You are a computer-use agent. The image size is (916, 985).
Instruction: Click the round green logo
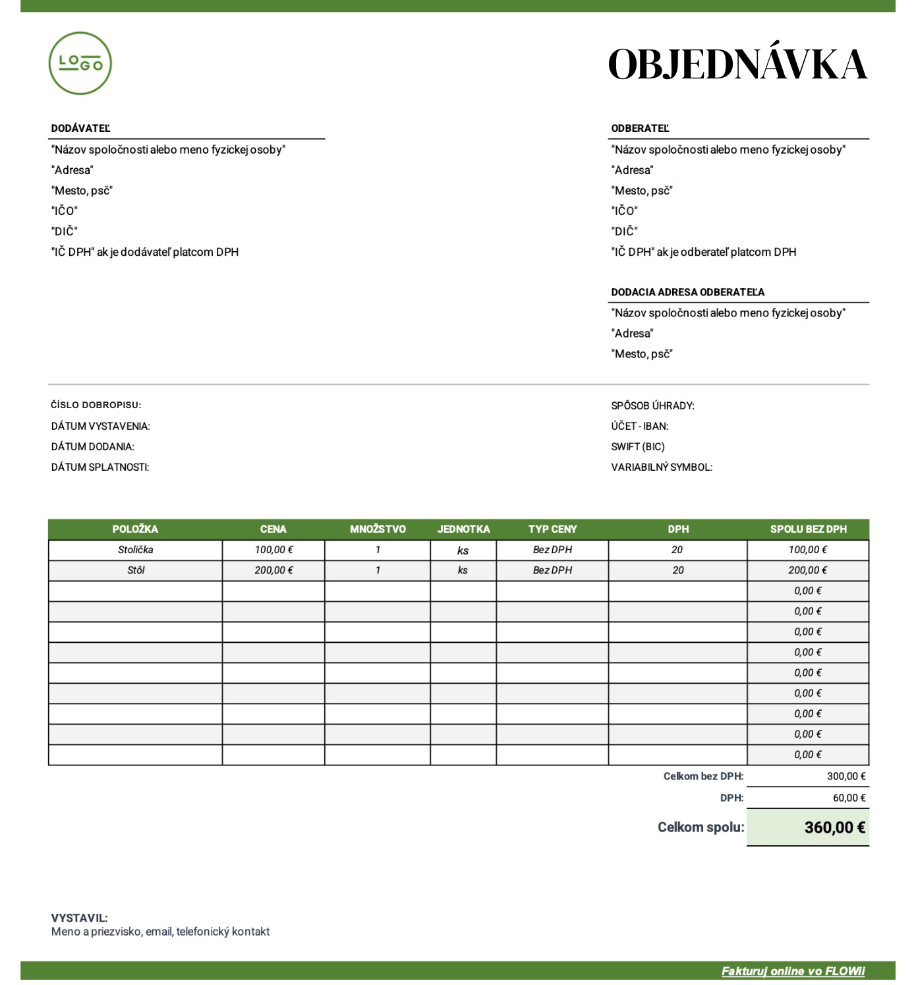click(x=80, y=63)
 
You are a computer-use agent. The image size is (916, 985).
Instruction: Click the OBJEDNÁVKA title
click(x=737, y=65)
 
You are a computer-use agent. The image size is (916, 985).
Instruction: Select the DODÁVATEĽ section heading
click(x=80, y=129)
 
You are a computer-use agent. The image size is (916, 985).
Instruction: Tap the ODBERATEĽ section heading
click(x=640, y=129)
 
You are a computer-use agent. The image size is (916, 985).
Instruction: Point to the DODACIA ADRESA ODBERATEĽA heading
click(x=687, y=292)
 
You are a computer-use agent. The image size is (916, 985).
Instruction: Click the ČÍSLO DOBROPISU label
click(x=96, y=405)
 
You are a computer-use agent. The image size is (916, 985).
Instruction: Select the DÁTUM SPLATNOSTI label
click(x=100, y=467)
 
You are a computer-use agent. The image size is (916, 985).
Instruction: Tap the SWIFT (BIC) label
click(x=637, y=446)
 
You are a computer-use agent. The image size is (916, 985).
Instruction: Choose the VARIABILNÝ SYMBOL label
click(x=662, y=467)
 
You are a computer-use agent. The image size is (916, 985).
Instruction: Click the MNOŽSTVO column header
click(x=378, y=529)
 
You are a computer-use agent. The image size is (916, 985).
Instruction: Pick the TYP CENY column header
click(x=552, y=529)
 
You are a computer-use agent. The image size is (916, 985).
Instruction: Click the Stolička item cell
click(x=135, y=550)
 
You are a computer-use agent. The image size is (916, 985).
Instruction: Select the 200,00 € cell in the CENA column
click(x=273, y=570)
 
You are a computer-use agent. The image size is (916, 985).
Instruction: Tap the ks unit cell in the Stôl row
click(x=463, y=570)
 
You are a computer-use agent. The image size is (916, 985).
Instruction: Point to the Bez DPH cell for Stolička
click(x=552, y=550)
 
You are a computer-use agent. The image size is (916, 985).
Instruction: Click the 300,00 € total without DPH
click(x=845, y=776)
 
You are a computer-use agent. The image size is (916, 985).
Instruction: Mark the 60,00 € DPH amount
click(x=849, y=798)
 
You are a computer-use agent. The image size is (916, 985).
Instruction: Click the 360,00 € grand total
click(x=834, y=827)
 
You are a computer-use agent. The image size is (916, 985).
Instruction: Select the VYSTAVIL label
click(x=79, y=918)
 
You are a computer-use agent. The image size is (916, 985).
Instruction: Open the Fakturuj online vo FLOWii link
click(x=793, y=970)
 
